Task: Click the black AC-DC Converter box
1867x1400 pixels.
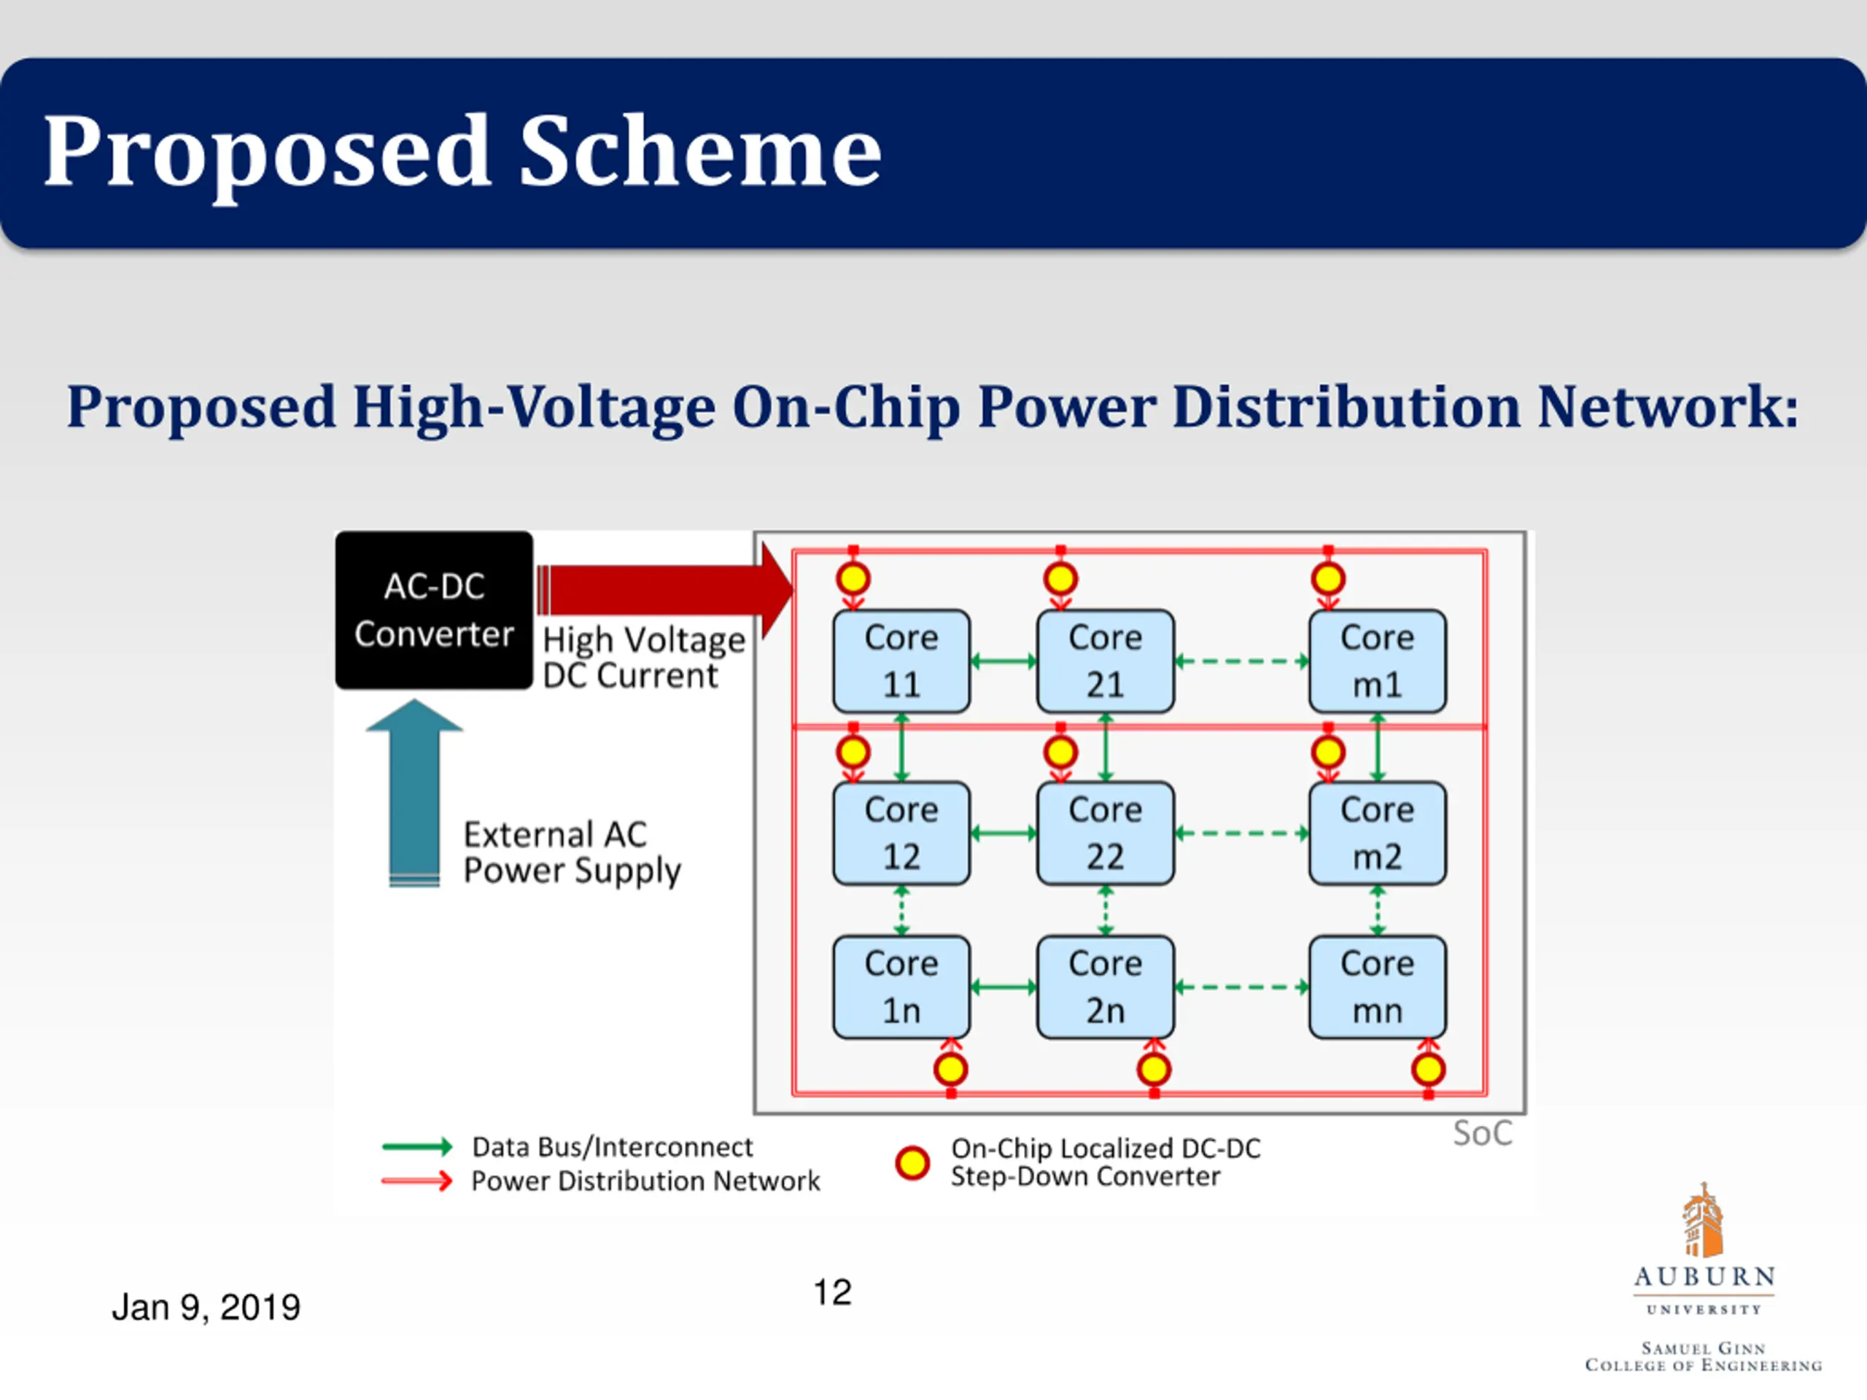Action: [434, 610]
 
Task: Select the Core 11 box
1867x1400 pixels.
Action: [901, 661]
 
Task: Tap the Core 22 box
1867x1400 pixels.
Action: [1105, 833]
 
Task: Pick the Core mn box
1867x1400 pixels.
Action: [1378, 987]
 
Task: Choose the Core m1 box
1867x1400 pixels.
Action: [1378, 661]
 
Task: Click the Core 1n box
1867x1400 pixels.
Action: [901, 987]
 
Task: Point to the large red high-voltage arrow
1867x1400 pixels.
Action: [665, 590]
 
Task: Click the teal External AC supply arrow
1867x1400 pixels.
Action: [414, 793]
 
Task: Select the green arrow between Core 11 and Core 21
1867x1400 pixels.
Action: [1004, 661]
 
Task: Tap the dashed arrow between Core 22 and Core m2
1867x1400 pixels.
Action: [1241, 833]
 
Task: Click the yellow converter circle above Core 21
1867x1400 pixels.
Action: [1060, 579]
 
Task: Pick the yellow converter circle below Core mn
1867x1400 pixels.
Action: [1428, 1069]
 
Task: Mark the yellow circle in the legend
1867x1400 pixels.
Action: [912, 1163]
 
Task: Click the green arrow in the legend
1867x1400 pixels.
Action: [417, 1146]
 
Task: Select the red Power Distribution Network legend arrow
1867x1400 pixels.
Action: [417, 1181]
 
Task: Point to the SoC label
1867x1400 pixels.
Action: [1482, 1133]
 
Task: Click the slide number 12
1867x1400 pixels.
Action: [832, 1292]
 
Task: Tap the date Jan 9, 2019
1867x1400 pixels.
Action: [206, 1307]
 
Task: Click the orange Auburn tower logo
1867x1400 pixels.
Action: [1701, 1219]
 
